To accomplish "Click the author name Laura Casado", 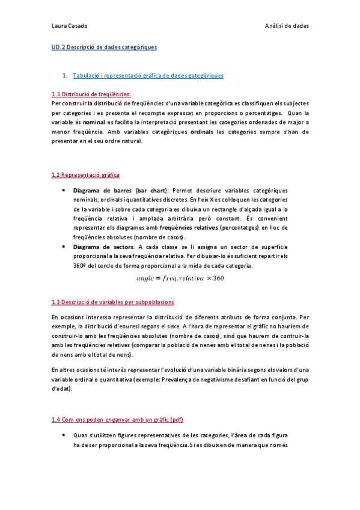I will [70, 26].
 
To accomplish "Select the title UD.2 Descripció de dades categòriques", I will [105, 46].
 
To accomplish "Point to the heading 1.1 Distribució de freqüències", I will [91, 94].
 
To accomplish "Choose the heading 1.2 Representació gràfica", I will [85, 175].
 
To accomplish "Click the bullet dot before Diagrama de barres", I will [64, 191].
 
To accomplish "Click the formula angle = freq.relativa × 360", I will [180, 278].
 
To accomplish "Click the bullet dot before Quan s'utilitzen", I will [64, 434].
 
